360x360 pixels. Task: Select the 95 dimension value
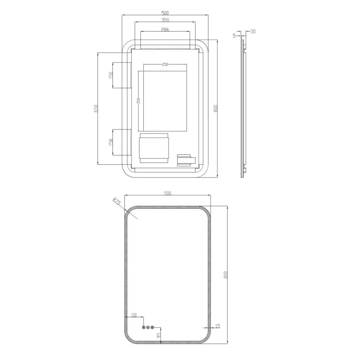(x=159, y=335)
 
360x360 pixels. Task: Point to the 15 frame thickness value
(x=217, y=326)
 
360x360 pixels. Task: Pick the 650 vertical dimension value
(x=96, y=109)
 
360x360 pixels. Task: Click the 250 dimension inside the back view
(x=165, y=64)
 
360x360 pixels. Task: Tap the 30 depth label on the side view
(x=253, y=31)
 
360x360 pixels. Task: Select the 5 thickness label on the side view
(x=234, y=36)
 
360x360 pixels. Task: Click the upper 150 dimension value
(x=111, y=75)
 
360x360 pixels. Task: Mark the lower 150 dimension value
(x=111, y=142)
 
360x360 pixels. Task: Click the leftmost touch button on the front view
(x=143, y=327)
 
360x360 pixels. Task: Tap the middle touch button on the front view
(x=148, y=327)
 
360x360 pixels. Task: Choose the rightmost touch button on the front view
(x=153, y=327)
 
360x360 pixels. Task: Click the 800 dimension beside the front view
(x=225, y=275)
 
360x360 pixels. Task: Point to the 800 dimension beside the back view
(x=215, y=109)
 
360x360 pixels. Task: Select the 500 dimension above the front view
(x=167, y=193)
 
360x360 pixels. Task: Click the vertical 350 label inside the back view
(x=138, y=101)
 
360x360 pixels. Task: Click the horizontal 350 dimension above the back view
(x=165, y=20)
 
